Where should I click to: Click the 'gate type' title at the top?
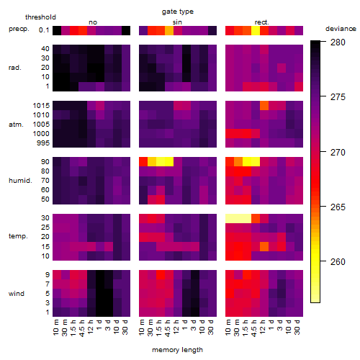point(178,12)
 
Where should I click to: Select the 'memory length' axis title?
point(177,350)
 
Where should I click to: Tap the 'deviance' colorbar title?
point(341,29)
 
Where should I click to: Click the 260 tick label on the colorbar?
point(338,261)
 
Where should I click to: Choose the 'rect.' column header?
point(261,22)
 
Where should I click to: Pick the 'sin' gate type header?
point(177,22)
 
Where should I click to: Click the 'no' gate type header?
point(93,22)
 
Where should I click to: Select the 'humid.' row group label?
point(20,181)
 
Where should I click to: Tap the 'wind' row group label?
point(17,293)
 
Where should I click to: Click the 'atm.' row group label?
point(16,125)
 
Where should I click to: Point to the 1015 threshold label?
point(41,106)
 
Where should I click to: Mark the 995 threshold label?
point(43,143)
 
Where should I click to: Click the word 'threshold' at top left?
point(40,17)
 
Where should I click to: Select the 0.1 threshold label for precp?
point(44,30)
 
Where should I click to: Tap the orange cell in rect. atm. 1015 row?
point(264,106)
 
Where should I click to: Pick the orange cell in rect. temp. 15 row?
point(264,246)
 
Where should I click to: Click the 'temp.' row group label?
point(18,236)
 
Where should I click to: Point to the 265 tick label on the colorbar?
point(338,207)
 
